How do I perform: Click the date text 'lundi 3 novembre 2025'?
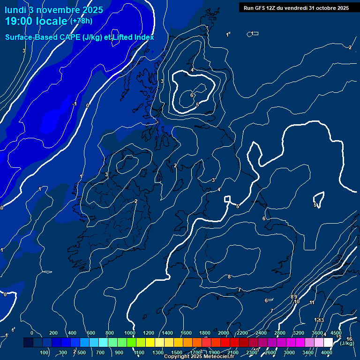tap(54, 9)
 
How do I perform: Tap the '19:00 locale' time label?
tap(36, 21)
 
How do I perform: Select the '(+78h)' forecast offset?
tap(81, 21)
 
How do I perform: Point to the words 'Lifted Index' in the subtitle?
tap(134, 37)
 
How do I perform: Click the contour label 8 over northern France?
tap(229, 277)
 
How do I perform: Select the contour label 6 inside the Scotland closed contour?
tap(192, 95)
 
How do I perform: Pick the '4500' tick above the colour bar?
tap(336, 333)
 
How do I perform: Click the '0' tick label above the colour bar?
tap(32, 333)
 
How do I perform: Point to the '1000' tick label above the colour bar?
tap(130, 333)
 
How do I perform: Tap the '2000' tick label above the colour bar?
tap(224, 333)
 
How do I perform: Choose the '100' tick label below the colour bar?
tap(45, 352)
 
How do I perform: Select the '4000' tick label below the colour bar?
tap(327, 352)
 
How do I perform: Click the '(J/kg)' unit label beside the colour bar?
tap(347, 343)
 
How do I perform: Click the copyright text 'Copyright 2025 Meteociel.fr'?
tap(199, 357)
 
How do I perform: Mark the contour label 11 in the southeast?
tap(312, 302)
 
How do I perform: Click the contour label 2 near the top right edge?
tap(350, 47)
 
